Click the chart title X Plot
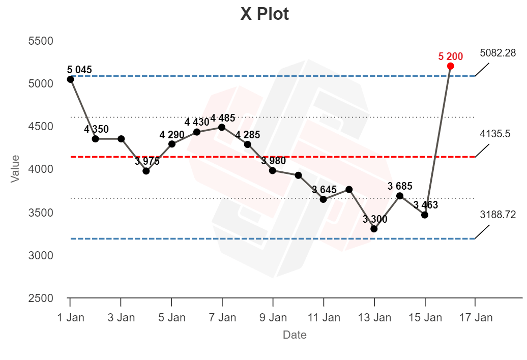265,14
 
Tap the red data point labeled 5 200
450,66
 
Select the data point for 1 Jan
70,79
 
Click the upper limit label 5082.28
497,52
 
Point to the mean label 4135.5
494,134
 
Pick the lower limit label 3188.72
497,215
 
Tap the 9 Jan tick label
273,318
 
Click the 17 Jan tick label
476,318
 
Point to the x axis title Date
295,335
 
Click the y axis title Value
15,168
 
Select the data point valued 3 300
374,229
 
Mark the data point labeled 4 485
222,127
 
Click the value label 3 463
425,205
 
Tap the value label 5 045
79,70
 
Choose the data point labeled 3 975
146,171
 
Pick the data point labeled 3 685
400,196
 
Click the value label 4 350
96,129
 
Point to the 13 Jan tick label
374,318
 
